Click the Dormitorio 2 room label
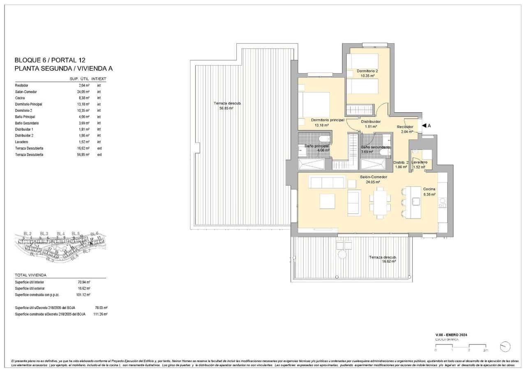[367, 71]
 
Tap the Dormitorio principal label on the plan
[327, 120]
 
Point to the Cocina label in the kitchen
[429, 189]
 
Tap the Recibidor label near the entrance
[405, 127]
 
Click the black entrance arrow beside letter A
[424, 125]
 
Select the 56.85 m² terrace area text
[225, 108]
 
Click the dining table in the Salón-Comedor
[379, 203]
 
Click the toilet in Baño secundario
[385, 152]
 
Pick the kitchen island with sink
[414, 202]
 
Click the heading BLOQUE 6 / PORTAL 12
[50, 60]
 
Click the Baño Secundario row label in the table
[27, 123]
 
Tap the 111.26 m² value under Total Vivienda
[100, 314]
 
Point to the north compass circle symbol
[505, 347]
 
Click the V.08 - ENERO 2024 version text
[451, 335]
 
